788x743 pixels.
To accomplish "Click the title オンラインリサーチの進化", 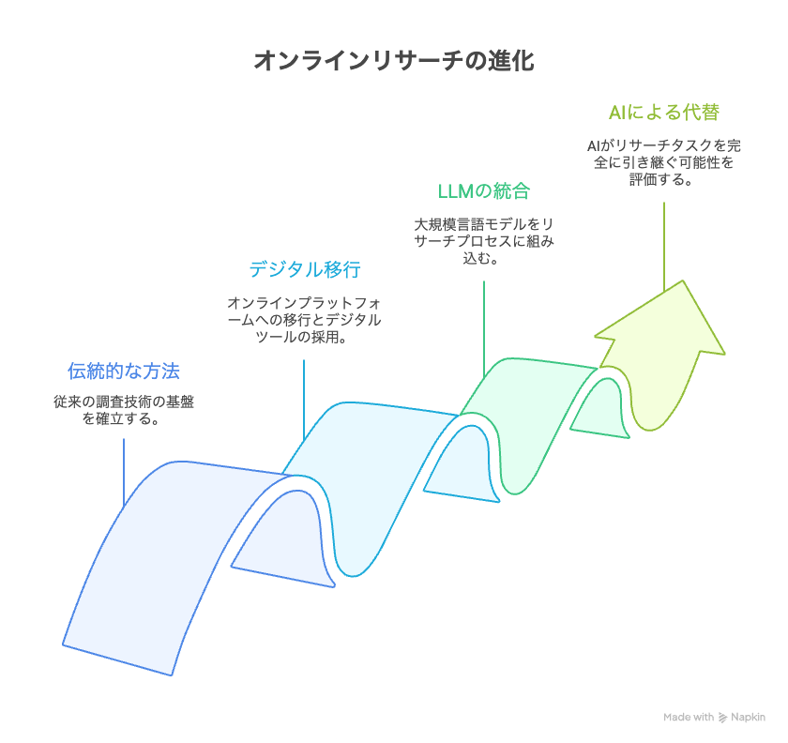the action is [394, 60].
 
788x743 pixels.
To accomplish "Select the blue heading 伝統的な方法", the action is [124, 371].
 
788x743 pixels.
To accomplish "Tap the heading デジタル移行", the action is [305, 269].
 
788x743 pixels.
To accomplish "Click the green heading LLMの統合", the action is [483, 191].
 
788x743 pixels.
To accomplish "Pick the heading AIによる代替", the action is [664, 112].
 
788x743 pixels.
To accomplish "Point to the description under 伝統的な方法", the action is [124, 410].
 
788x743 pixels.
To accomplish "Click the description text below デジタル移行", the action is [304, 320].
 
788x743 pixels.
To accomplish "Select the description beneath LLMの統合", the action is [483, 241].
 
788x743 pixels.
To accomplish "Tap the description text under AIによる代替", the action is [664, 162].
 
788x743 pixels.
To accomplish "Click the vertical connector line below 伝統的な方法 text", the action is [124, 473].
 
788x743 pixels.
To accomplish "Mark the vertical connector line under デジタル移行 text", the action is [304, 401].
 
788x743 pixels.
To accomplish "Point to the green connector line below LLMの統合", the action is [484, 329].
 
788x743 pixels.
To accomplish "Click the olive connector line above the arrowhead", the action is [664, 247].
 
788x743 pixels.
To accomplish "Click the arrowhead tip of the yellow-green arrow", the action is [683, 281].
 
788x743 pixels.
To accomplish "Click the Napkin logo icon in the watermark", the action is [722, 718].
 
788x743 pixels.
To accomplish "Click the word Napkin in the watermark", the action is [748, 718].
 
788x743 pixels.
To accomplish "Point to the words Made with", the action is [689, 718].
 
